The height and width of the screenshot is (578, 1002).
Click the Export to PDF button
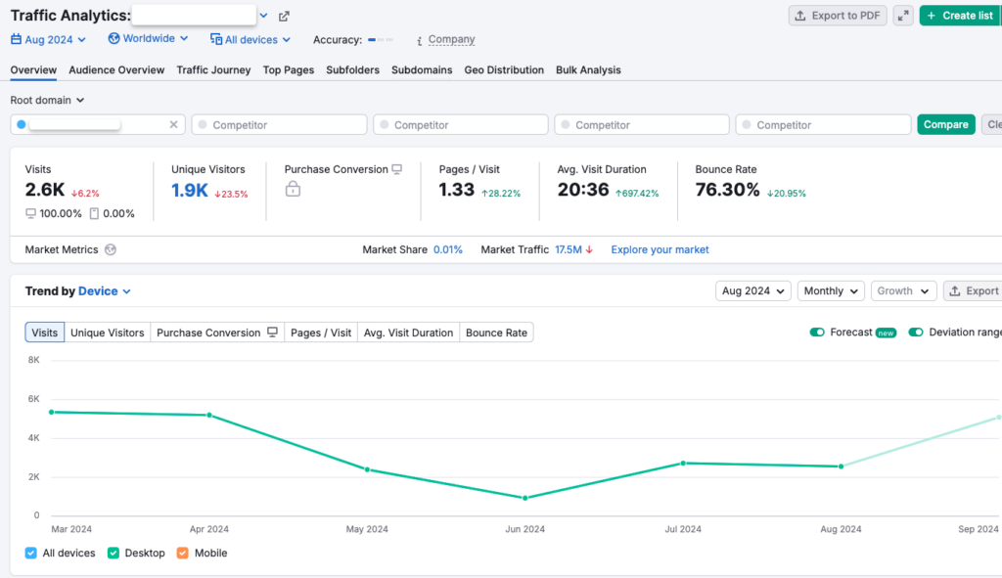pyautogui.click(x=837, y=16)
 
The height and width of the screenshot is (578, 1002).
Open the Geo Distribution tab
pyautogui.click(x=504, y=70)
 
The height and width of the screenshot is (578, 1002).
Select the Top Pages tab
pyautogui.click(x=289, y=70)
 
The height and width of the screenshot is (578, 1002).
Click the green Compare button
pyautogui.click(x=945, y=124)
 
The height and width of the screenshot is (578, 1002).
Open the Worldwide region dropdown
pyautogui.click(x=149, y=39)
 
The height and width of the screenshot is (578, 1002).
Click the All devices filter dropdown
pyautogui.click(x=250, y=40)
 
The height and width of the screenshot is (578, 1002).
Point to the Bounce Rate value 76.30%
pyautogui.click(x=727, y=191)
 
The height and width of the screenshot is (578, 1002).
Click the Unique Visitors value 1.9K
pyautogui.click(x=190, y=191)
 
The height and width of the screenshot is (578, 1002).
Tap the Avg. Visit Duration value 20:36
pyautogui.click(x=583, y=191)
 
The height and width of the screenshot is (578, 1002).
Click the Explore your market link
pyautogui.click(x=660, y=249)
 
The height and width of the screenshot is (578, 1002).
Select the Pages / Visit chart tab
pyautogui.click(x=321, y=333)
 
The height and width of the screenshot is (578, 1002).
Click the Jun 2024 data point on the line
pyautogui.click(x=525, y=498)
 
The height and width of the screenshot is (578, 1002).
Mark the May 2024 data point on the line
pyautogui.click(x=367, y=469)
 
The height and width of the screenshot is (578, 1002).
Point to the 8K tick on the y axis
pyautogui.click(x=33, y=360)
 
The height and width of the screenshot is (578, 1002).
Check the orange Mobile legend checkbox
pyautogui.click(x=183, y=554)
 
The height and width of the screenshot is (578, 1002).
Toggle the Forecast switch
pyautogui.click(x=817, y=333)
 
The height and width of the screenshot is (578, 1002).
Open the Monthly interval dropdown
pyautogui.click(x=831, y=290)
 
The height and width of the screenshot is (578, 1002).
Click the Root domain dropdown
pyautogui.click(x=48, y=100)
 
